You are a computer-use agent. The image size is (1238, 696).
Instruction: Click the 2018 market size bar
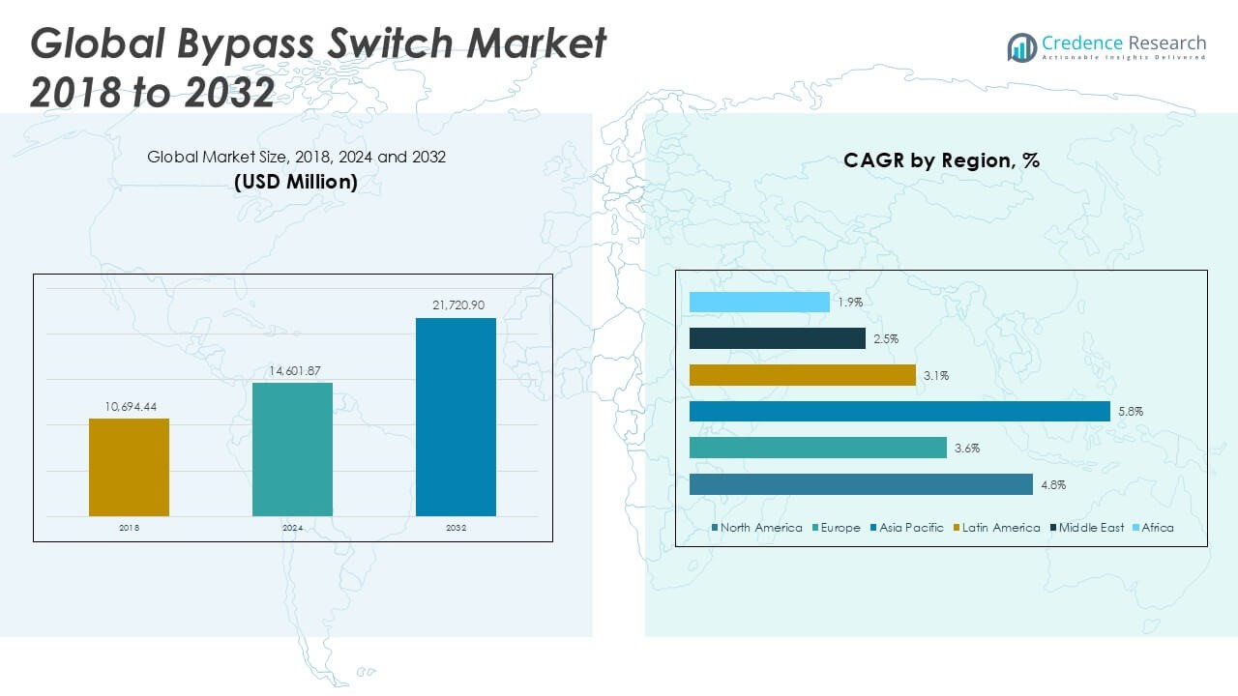tap(129, 467)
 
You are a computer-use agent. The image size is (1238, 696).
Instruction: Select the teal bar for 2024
tap(292, 449)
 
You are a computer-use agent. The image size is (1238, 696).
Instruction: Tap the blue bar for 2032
tap(456, 417)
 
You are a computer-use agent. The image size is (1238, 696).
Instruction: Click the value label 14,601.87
tap(292, 370)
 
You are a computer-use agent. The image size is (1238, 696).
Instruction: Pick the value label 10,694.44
tap(129, 406)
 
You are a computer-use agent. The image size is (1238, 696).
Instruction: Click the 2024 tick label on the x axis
tap(292, 529)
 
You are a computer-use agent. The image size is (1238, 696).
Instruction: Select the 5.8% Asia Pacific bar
tap(899, 412)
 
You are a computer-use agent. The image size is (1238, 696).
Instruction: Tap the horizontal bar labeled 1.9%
tap(759, 303)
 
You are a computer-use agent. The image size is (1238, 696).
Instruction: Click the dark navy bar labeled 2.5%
tap(777, 338)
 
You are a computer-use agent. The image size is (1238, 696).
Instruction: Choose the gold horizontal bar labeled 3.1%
tap(802, 375)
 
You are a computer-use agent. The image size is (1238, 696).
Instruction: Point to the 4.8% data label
tap(1053, 485)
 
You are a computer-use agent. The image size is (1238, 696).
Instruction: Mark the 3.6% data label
tap(966, 449)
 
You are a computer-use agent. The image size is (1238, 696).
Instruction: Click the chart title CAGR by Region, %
tap(941, 160)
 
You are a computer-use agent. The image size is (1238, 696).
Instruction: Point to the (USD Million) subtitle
tap(296, 182)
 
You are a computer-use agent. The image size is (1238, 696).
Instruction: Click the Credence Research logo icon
tap(1021, 47)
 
